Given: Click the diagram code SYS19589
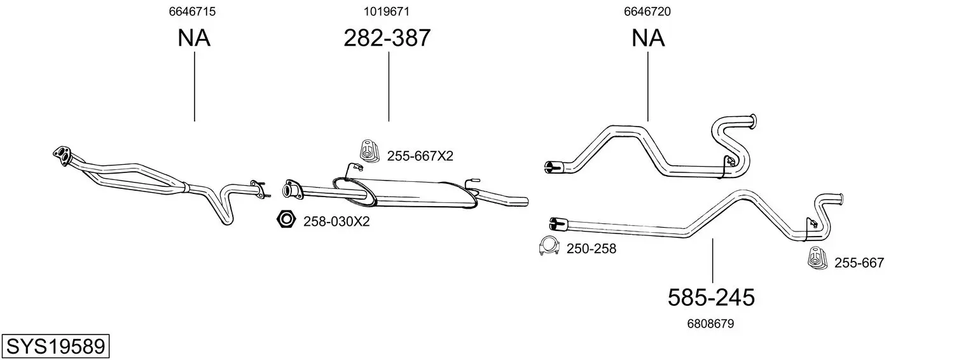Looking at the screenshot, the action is click(x=55, y=346).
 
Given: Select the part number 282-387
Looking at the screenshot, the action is click(x=387, y=38).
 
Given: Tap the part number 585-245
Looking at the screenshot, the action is click(x=711, y=298).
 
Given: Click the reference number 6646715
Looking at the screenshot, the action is click(x=192, y=11).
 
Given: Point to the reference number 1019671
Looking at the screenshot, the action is click(x=387, y=11).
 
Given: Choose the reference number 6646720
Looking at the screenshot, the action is click(x=647, y=11).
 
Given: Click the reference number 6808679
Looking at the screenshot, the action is click(x=710, y=324).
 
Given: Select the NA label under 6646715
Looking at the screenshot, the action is click(x=194, y=38).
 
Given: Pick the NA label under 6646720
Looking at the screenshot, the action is click(x=648, y=38).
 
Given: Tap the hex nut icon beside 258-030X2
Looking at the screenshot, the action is click(x=286, y=219).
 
